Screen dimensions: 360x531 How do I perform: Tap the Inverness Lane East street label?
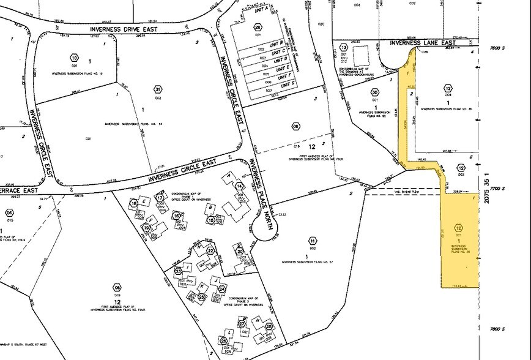point(423,43)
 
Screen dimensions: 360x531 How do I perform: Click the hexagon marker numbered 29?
point(258,28)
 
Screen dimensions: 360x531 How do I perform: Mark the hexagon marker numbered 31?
point(158,89)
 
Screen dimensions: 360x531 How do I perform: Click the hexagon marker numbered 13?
point(344,48)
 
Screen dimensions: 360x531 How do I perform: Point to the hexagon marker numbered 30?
point(375,92)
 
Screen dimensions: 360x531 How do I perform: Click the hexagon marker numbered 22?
point(210,250)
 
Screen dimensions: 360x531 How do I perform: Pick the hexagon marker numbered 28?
point(269,328)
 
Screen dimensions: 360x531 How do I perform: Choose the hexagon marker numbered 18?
point(132,202)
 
